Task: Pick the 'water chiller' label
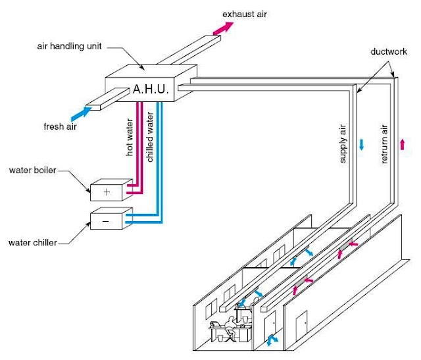click(33, 242)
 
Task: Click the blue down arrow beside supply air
click(361, 144)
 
